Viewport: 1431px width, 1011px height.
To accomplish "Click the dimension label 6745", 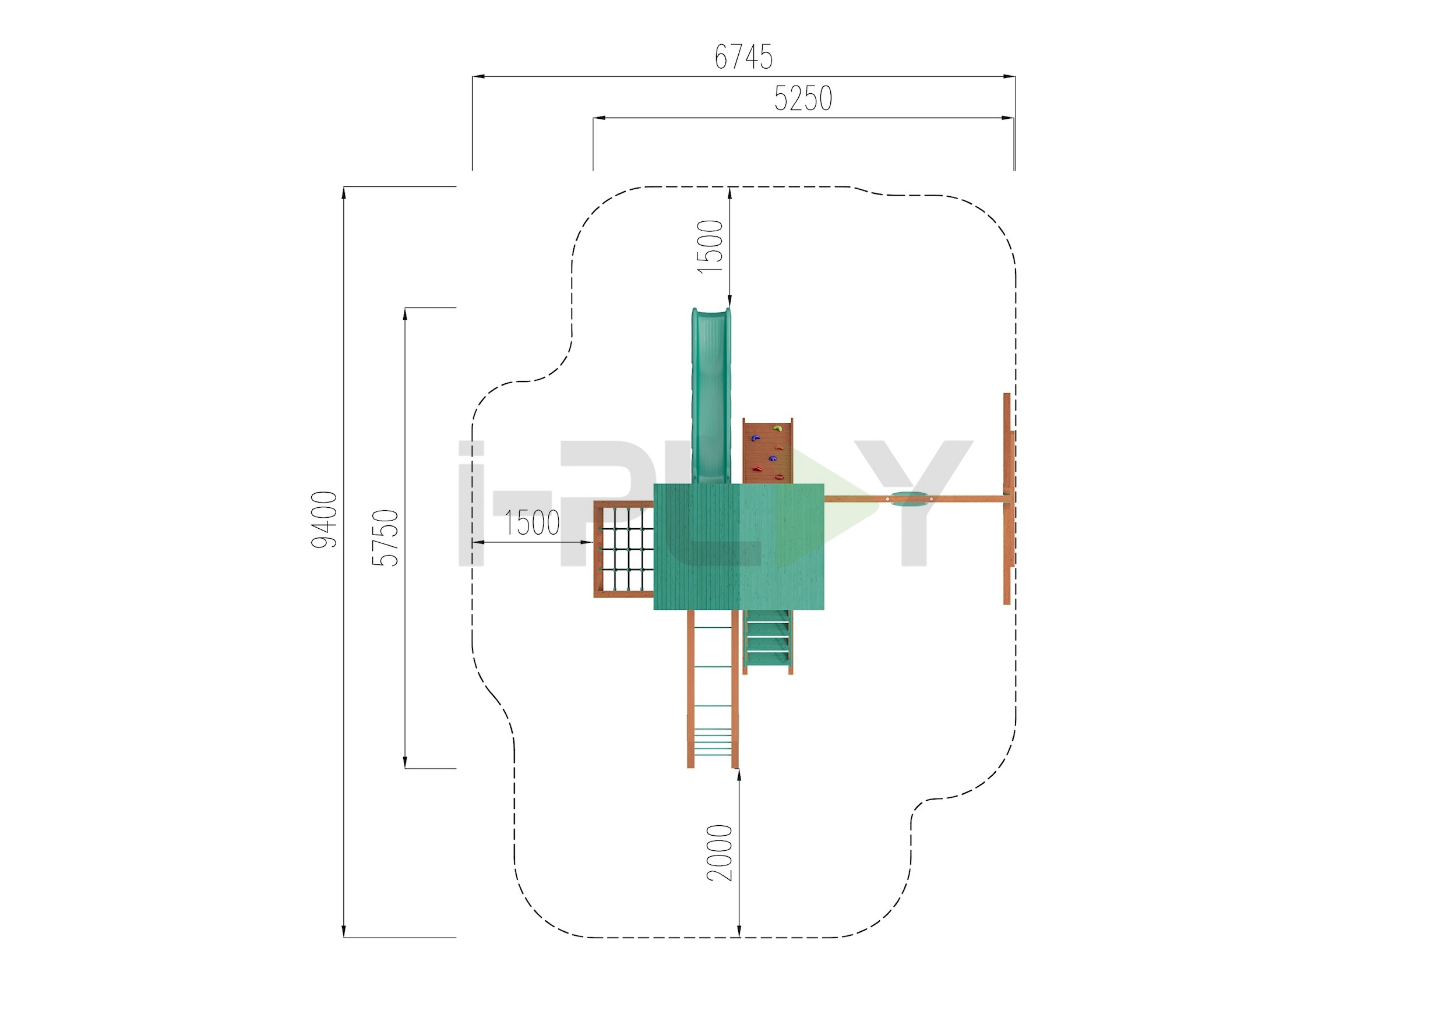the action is (743, 57).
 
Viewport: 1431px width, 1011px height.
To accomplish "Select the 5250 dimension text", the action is (803, 98).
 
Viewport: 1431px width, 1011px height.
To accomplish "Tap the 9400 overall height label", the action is (325, 519).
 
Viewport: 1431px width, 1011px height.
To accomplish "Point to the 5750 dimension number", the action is (385, 538).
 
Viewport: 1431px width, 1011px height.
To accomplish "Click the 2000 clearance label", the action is (720, 852).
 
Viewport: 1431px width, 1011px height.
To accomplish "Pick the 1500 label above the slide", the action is (710, 246).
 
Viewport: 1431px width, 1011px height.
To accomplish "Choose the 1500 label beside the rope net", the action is (531, 522).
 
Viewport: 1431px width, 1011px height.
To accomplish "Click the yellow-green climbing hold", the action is (777, 428).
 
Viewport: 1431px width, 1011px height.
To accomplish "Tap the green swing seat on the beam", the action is (910, 499).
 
